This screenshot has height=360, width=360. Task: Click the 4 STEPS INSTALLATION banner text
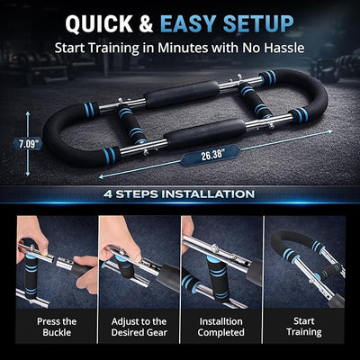coord(180,193)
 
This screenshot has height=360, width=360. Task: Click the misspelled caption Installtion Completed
coord(221,326)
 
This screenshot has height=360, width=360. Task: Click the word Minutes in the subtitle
coord(190,48)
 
